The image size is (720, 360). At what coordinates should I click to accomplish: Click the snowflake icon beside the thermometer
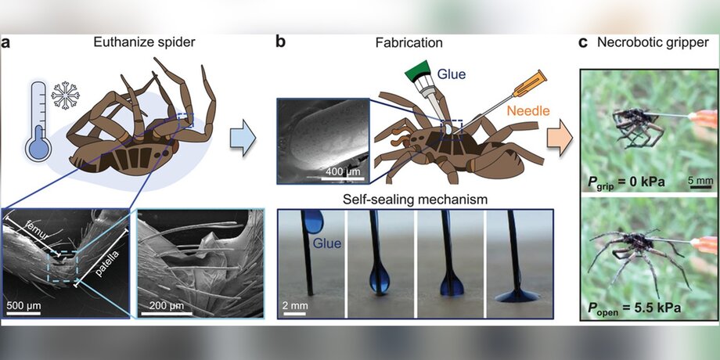pos(65,96)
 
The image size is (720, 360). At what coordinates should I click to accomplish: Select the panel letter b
pos(280,42)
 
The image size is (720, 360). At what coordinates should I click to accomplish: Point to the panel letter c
pos(583,44)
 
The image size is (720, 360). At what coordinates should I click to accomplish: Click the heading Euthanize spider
pos(145,43)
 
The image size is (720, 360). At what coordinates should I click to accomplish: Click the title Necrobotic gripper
pos(653,43)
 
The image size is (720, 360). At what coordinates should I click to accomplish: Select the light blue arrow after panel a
pos(243,136)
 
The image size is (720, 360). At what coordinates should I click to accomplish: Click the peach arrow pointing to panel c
pos(560,136)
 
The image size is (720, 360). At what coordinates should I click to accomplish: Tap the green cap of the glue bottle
pos(418,70)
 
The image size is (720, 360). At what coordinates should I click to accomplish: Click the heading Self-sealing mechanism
pos(416,200)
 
